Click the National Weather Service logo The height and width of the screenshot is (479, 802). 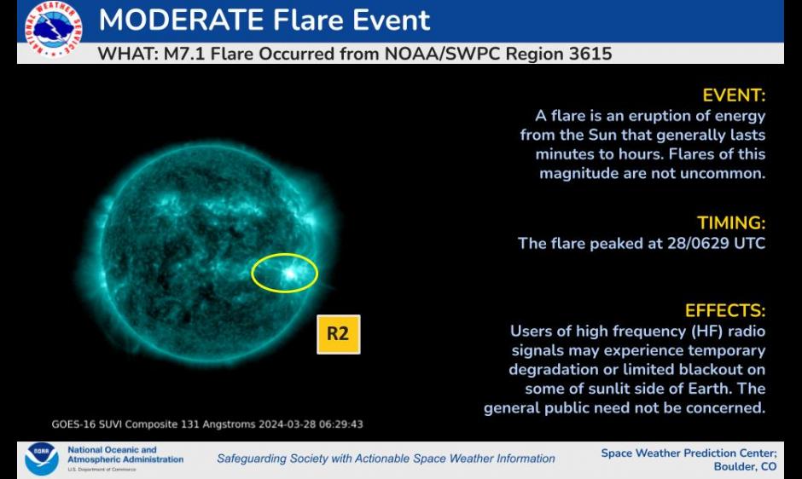(53, 29)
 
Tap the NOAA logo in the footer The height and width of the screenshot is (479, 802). (42, 459)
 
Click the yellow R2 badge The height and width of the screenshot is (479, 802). (339, 334)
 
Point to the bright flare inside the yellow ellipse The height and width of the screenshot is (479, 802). (291, 274)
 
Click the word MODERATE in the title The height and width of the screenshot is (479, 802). (182, 20)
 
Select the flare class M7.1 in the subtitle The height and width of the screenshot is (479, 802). (184, 54)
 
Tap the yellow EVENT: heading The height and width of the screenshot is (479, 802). (734, 95)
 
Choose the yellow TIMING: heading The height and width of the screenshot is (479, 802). (731, 223)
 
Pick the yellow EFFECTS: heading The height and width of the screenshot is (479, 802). (725, 311)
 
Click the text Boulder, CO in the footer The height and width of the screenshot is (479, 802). (745, 467)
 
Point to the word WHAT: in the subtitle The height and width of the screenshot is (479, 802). (128, 54)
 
